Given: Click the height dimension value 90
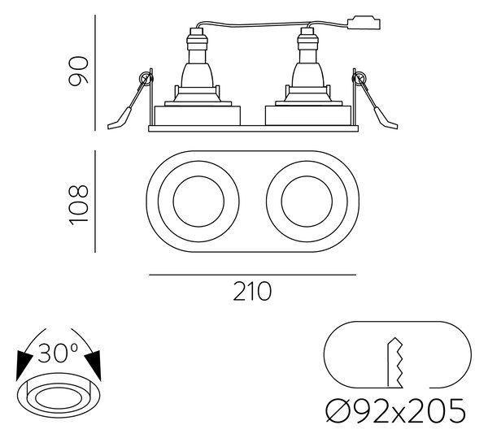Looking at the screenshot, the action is (x=79, y=71).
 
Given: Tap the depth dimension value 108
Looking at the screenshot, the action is (x=79, y=205).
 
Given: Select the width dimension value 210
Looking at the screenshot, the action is (x=252, y=291).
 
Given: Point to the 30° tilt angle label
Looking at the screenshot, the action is (x=58, y=353).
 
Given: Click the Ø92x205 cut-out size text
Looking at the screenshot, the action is (x=396, y=410).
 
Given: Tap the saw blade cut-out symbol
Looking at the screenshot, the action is (x=395, y=362).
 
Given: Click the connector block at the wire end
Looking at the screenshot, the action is (x=364, y=24).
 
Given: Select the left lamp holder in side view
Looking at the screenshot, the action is (x=197, y=67).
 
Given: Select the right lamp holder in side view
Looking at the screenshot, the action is (x=307, y=67).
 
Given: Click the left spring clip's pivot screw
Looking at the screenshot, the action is (x=145, y=77).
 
